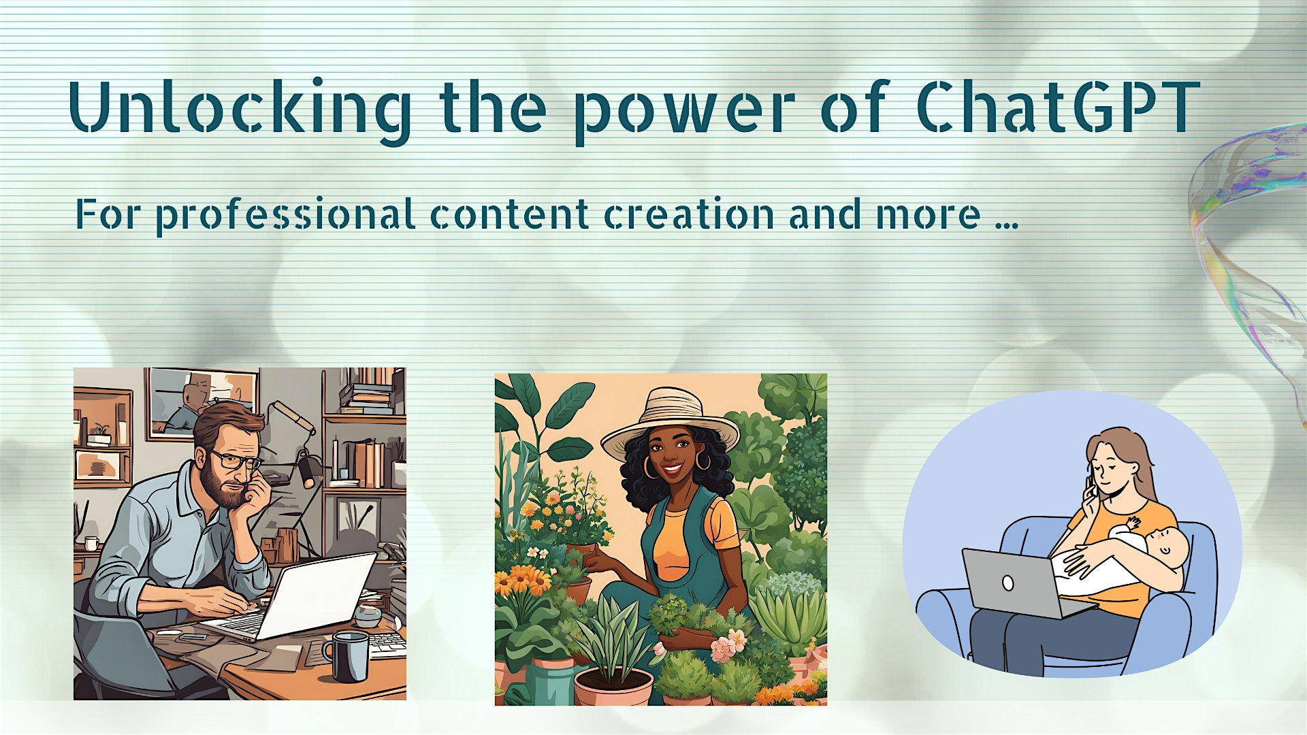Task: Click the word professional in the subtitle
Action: pos(286,216)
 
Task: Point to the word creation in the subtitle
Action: pos(690,214)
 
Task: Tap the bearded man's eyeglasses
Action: pos(236,460)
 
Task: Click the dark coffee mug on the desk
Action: pos(347,655)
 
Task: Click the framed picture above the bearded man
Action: pos(202,402)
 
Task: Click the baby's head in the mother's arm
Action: pos(1167,548)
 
